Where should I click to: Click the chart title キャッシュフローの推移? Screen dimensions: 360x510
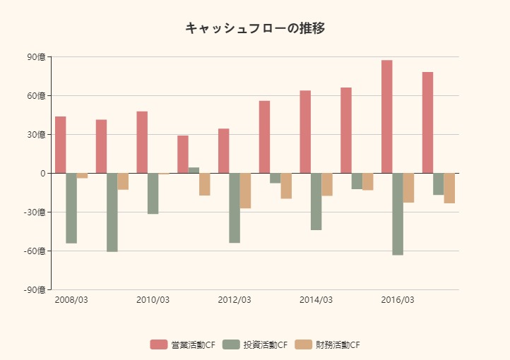[255, 28]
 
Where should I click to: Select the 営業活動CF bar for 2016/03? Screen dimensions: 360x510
[386, 116]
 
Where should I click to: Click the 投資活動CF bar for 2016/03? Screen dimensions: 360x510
[398, 214]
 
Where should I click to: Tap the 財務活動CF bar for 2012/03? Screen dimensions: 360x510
[245, 191]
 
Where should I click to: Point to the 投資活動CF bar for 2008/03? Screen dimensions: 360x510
[71, 208]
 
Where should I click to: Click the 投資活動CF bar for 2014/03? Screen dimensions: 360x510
[316, 201]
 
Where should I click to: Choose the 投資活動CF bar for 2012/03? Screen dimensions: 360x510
[235, 208]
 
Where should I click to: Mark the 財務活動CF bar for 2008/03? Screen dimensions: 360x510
[82, 176]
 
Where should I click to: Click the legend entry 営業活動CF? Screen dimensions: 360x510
[182, 344]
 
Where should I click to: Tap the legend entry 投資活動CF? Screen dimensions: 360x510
[255, 344]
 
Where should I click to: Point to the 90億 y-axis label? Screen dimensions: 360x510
[35, 57]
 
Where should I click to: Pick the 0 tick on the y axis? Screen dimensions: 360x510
[42, 174]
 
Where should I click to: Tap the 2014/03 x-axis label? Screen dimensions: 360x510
[316, 300]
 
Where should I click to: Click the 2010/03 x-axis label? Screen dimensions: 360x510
[153, 300]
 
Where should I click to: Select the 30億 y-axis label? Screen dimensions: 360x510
[35, 135]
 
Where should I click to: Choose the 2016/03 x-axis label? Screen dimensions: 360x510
[398, 300]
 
